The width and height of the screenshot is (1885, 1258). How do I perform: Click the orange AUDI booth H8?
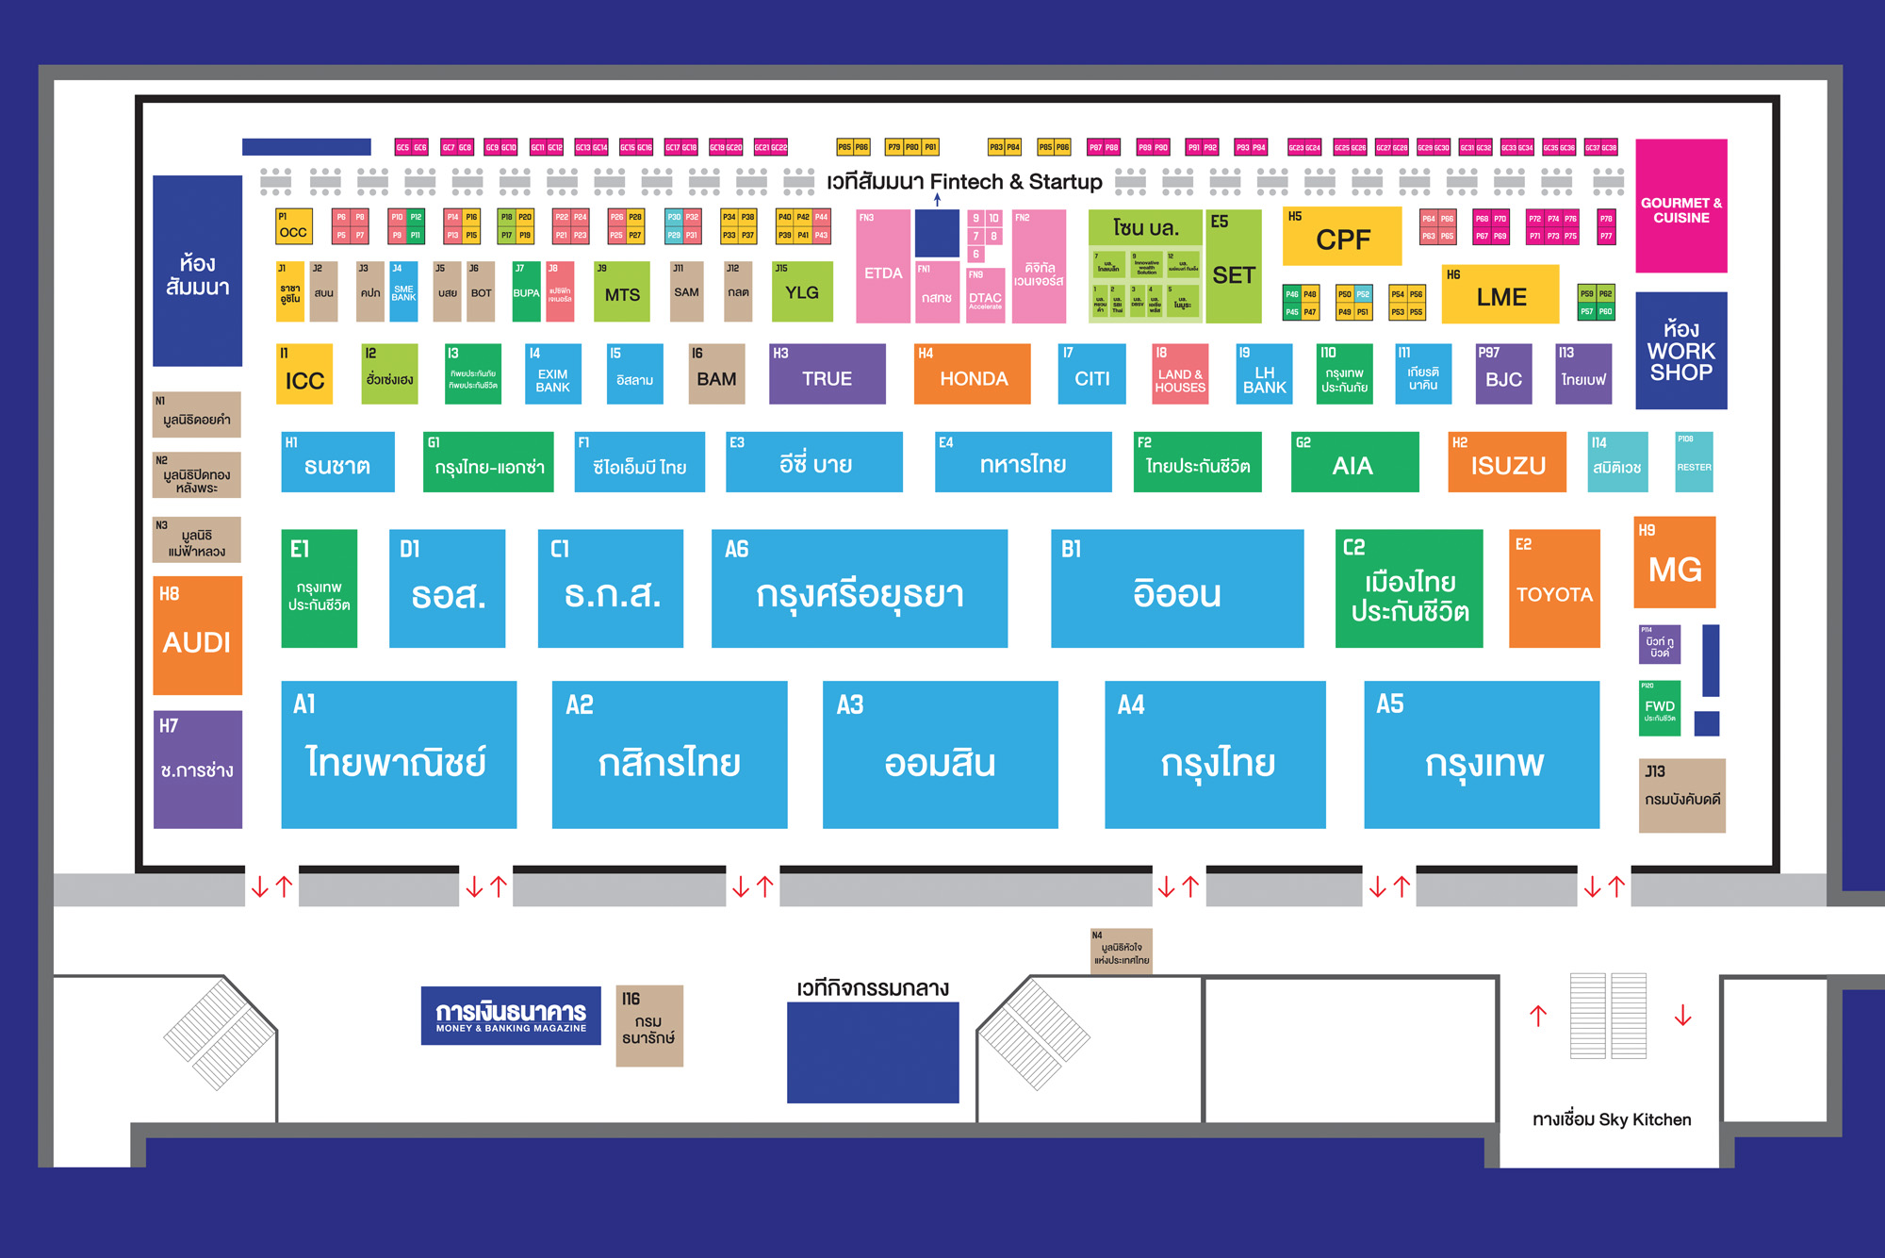(197, 636)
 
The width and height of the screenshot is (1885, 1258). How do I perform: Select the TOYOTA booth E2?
(1554, 588)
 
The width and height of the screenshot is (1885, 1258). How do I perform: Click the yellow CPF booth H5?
(1342, 237)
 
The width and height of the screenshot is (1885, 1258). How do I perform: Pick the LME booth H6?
(1500, 294)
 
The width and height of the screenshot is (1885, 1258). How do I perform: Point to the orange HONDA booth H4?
(972, 374)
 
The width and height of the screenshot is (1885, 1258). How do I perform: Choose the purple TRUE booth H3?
(827, 374)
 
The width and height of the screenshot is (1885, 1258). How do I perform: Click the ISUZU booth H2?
(1507, 462)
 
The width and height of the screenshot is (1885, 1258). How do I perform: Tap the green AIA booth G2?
(1354, 462)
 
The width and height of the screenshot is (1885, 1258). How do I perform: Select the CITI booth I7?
(1091, 374)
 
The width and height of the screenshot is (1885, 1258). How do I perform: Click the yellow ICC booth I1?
(304, 374)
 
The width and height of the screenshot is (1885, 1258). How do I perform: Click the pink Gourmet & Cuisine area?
(1680, 207)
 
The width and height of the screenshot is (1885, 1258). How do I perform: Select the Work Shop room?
(1680, 351)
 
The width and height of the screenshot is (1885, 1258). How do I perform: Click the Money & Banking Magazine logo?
(511, 1016)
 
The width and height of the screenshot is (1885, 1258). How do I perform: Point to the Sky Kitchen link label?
(1611, 1119)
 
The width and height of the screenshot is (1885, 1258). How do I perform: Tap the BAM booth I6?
(716, 374)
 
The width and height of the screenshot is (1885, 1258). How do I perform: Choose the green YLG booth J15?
(802, 291)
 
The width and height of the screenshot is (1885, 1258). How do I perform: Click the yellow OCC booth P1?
(292, 227)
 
